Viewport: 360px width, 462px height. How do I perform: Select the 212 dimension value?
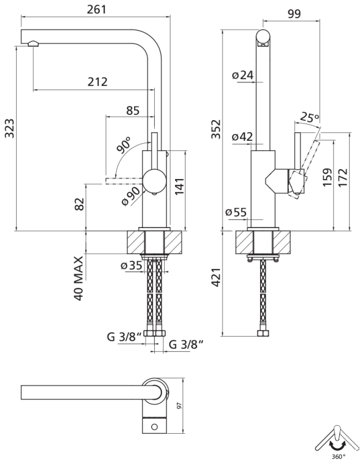pyautogui.click(x=98, y=81)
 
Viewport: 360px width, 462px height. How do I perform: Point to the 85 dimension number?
pyautogui.click(x=132, y=110)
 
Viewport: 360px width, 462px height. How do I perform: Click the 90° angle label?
pyautogui.click(x=124, y=144)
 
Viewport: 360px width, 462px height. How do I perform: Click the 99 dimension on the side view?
pyautogui.click(x=294, y=14)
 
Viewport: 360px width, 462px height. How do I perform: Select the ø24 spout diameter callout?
pyautogui.click(x=243, y=75)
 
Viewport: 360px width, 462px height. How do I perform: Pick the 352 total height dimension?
pyautogui.click(x=216, y=129)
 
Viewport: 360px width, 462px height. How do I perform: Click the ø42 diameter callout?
pyautogui.click(x=243, y=137)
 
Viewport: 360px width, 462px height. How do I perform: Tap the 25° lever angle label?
pyautogui.click(x=309, y=118)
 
